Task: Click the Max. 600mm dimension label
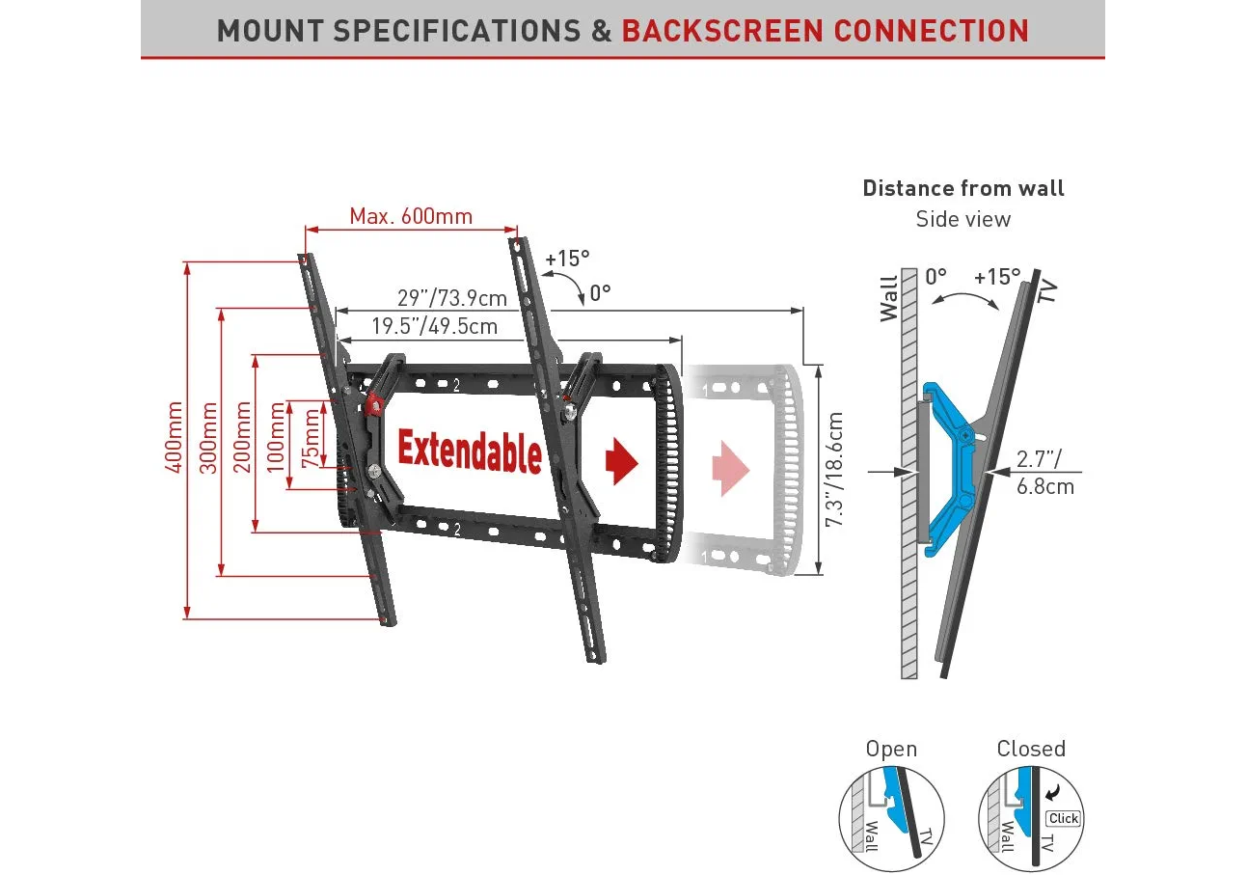(x=411, y=216)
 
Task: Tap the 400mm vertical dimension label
(x=175, y=437)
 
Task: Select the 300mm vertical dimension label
(x=208, y=437)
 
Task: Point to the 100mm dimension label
(x=278, y=437)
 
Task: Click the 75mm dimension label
(x=311, y=439)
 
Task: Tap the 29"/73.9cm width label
(x=451, y=297)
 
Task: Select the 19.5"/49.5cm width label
(x=434, y=326)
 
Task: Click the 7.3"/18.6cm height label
(x=835, y=469)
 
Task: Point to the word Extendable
(x=469, y=451)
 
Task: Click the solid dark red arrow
(x=622, y=460)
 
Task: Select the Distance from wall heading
(x=963, y=188)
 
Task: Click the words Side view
(x=963, y=219)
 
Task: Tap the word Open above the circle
(x=891, y=749)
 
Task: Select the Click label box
(x=1064, y=818)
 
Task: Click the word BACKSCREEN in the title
(x=722, y=31)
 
